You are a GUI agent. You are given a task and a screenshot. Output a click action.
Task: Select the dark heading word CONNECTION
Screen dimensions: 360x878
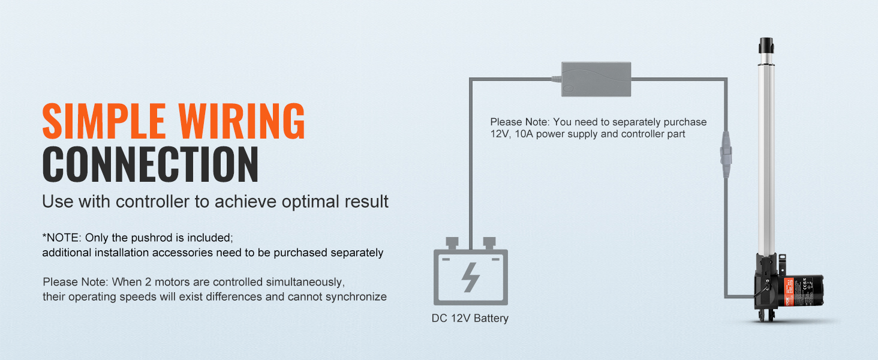[150, 164]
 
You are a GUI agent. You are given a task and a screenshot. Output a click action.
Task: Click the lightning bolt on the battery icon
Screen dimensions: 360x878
[471, 277]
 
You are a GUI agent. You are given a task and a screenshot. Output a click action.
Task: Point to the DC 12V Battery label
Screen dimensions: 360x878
[470, 318]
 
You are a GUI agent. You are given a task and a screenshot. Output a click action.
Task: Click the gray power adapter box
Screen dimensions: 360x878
[596, 79]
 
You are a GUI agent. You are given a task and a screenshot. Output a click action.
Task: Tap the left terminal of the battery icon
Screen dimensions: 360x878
[452, 242]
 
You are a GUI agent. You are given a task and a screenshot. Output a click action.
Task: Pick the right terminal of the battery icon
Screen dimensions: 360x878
[488, 242]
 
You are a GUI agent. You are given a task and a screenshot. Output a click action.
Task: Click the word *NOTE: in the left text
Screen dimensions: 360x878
[61, 237]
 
